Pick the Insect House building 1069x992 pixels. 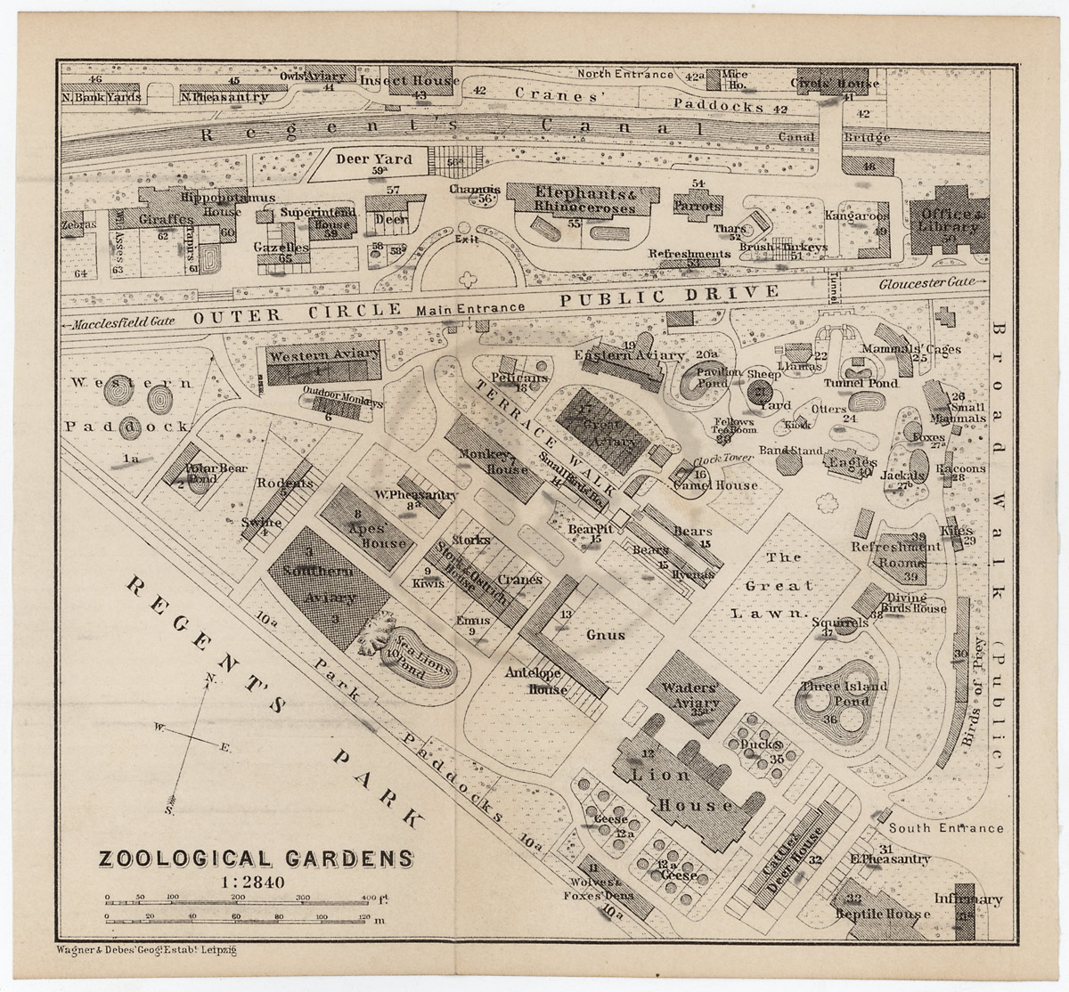[x=409, y=81]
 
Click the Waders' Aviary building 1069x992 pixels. [x=692, y=694]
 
